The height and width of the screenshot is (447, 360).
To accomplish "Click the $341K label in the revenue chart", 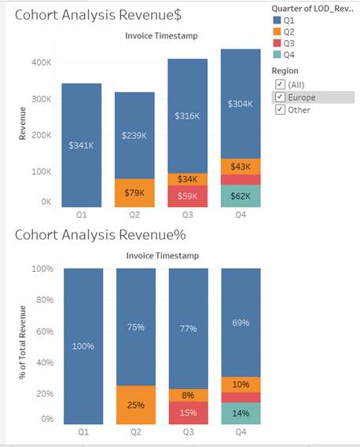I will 81,145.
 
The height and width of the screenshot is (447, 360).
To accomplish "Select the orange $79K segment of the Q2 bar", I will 136,192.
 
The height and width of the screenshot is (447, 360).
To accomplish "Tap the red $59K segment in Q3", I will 187,196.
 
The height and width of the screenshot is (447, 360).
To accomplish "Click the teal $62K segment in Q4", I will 241,196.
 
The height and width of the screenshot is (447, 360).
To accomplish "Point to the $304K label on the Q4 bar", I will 241,104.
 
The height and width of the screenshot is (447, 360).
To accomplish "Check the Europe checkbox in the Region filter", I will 280,97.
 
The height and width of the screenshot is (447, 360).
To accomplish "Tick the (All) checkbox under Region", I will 280,84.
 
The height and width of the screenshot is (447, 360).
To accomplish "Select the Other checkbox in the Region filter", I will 280,110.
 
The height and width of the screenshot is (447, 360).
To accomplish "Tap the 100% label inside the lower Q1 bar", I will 82,346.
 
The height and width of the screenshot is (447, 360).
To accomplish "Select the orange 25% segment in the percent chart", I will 136,405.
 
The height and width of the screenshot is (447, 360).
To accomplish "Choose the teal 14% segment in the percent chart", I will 241,413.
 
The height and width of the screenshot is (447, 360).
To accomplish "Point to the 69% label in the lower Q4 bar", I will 241,323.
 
